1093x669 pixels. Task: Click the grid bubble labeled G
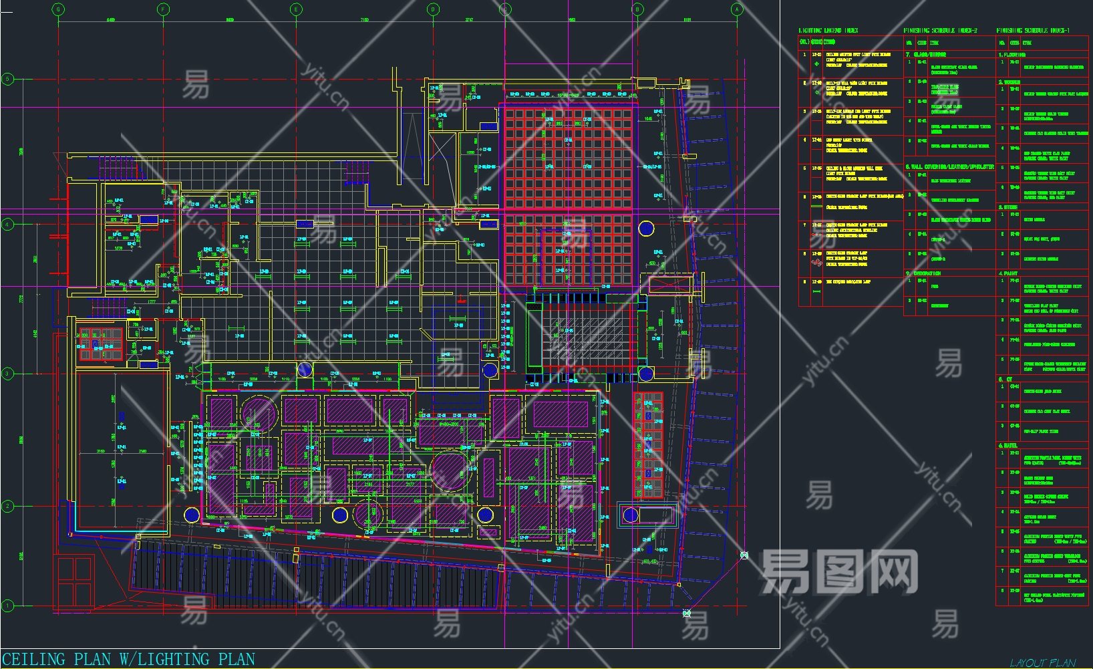coord(59,9)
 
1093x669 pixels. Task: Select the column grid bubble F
coord(163,9)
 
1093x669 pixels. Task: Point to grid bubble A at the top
coord(737,9)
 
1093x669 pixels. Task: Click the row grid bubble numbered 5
coord(7,79)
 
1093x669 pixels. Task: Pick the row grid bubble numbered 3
coord(7,374)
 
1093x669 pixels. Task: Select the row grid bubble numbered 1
coord(7,606)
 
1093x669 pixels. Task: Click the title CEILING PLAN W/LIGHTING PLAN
coord(129,660)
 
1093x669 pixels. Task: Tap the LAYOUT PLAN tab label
coord(1043,662)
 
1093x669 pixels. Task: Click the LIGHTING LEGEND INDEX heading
coord(828,31)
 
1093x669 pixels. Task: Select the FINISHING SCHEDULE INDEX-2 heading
coord(940,31)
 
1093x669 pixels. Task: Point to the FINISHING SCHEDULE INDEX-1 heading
coord(1033,31)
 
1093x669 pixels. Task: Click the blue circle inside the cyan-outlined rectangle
coord(631,515)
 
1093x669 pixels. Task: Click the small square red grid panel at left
coord(101,344)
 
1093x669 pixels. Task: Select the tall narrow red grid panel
coord(647,445)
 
